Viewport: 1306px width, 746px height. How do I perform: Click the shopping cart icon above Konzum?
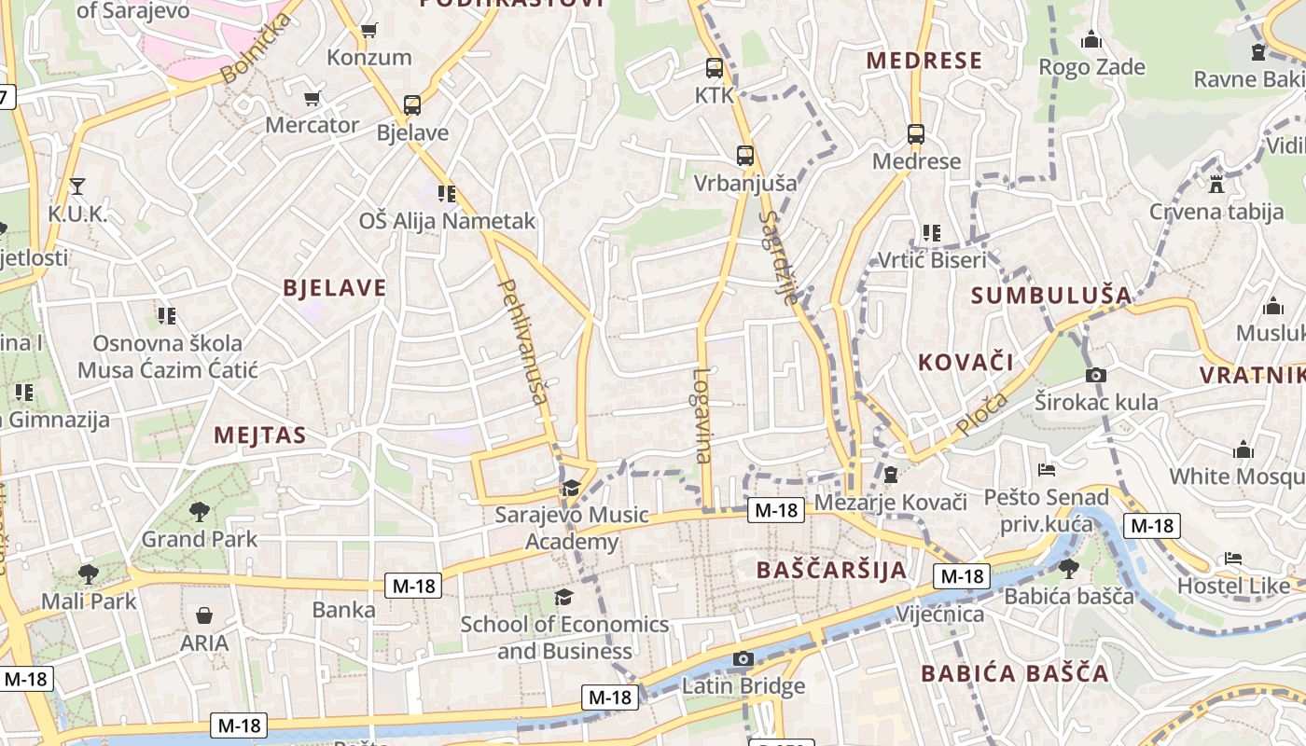pos(368,31)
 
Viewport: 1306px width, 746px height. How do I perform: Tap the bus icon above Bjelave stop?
pos(412,105)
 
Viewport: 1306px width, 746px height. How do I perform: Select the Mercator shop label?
pos(313,125)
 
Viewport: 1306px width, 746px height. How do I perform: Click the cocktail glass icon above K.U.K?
pos(76,186)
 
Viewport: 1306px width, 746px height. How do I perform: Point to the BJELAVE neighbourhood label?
pos(334,288)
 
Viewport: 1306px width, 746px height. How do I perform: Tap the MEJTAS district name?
pos(260,435)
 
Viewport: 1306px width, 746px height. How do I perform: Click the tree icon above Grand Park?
pos(199,511)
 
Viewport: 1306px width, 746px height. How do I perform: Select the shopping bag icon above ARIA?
pos(204,615)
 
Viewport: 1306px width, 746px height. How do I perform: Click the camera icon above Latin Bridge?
pos(743,659)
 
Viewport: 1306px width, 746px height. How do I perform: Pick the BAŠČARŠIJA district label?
pos(831,570)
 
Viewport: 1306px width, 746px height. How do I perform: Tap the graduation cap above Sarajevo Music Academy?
pos(571,488)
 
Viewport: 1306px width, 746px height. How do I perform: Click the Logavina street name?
pos(702,416)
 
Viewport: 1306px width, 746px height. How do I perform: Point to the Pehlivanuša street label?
pos(523,341)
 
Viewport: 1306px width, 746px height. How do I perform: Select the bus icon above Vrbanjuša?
pos(744,156)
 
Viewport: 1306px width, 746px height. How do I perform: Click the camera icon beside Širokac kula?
pos(1096,375)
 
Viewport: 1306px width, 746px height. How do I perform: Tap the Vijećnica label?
pos(939,615)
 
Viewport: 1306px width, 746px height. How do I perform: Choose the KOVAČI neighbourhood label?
pos(966,363)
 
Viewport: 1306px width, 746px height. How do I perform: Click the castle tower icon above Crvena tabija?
pos(1215,183)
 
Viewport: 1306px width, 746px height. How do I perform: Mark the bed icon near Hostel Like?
pos(1233,559)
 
